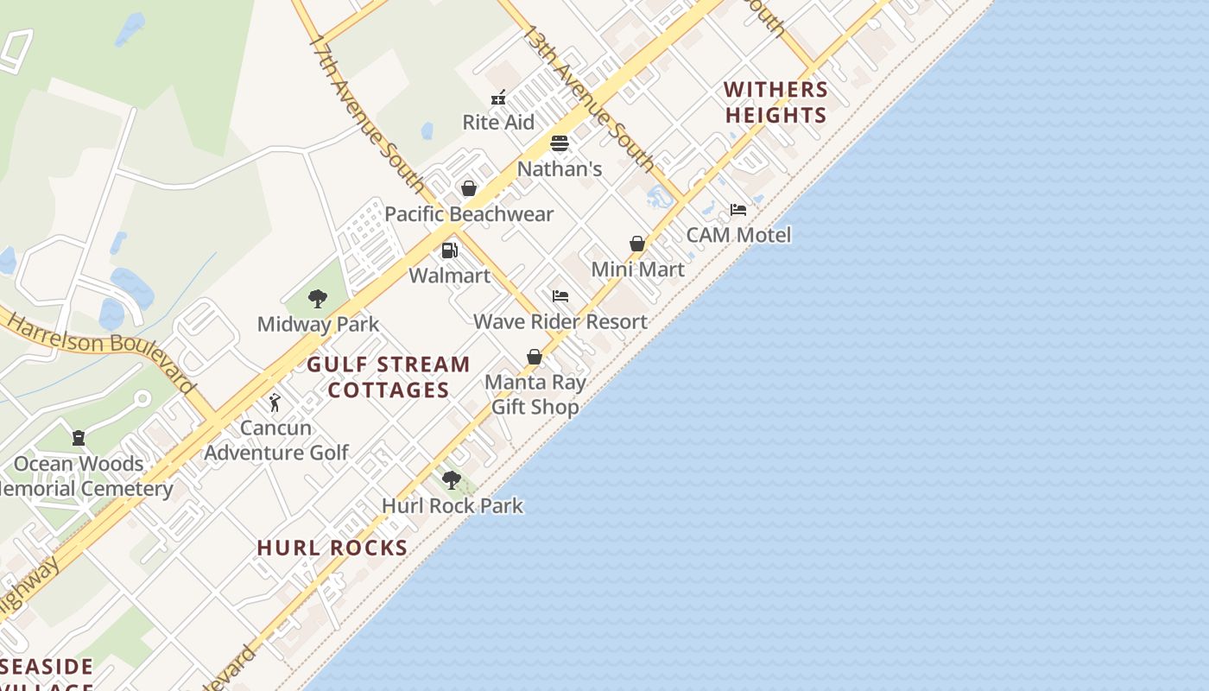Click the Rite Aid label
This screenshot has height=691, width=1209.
(x=498, y=122)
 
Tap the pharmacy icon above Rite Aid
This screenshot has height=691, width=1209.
(x=498, y=98)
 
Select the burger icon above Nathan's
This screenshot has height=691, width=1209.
(x=560, y=143)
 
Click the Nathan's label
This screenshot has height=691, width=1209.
(x=560, y=168)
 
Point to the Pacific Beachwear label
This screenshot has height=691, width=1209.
(x=469, y=213)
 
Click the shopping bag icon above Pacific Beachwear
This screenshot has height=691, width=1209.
(x=469, y=188)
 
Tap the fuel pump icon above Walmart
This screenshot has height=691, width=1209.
(x=449, y=250)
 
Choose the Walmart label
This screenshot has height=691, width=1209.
(x=449, y=276)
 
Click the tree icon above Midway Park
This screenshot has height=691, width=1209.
(x=318, y=299)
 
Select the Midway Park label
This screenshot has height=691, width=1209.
(x=318, y=325)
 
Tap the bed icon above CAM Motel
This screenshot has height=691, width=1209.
(x=738, y=210)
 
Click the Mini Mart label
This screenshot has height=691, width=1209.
(x=637, y=269)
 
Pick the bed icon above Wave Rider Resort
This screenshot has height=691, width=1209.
(x=560, y=296)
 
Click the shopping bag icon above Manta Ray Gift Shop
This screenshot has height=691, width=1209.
(x=535, y=357)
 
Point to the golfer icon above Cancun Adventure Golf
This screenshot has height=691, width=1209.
(x=275, y=403)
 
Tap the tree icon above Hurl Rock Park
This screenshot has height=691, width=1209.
(x=452, y=480)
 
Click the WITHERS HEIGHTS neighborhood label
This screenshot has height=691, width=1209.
(x=775, y=102)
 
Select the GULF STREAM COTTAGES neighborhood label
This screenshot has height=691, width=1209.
(x=389, y=377)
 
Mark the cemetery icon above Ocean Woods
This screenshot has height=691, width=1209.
(x=79, y=438)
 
